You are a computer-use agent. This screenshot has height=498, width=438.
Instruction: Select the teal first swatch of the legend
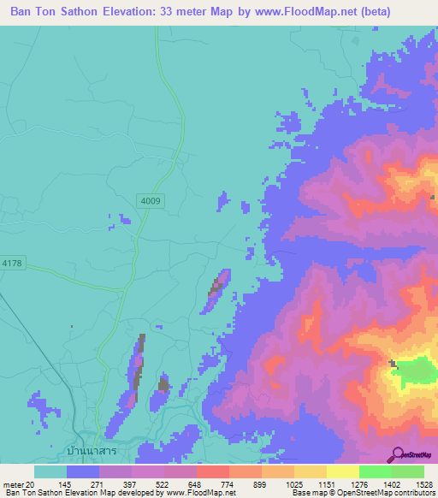point(50,471)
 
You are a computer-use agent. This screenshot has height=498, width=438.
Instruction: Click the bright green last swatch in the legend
point(408,471)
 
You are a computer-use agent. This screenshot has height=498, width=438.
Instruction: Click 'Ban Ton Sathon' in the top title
point(64,12)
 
